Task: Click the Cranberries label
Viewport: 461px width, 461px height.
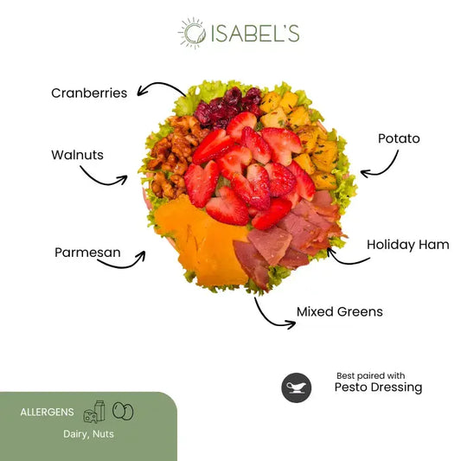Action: point(89,93)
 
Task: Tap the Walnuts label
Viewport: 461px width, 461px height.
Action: point(77,155)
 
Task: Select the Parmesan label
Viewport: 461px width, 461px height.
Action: point(87,253)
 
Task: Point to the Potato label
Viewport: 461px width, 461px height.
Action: point(399,138)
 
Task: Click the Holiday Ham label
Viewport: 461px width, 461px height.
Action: point(408,245)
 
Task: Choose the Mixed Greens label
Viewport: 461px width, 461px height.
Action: point(340,311)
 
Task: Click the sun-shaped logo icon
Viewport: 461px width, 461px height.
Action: point(193,33)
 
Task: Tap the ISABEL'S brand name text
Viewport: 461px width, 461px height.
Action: point(255,33)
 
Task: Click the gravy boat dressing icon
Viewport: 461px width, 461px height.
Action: point(297,387)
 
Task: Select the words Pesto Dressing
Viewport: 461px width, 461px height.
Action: point(378,387)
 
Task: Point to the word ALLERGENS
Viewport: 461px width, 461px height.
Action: point(47,413)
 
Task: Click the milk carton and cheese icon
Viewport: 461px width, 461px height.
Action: point(94,412)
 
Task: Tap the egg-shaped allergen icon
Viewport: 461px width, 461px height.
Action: point(123,411)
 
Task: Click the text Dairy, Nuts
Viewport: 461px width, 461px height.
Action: point(88,434)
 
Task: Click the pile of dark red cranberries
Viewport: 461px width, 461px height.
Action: point(227,108)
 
